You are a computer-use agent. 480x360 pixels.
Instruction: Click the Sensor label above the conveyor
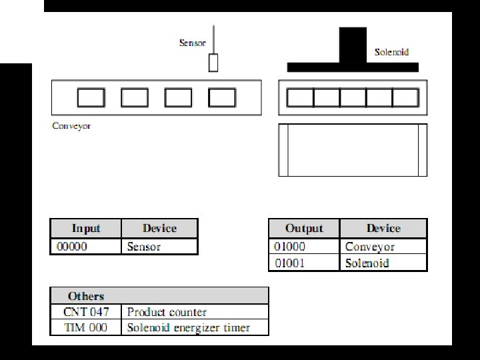click(x=192, y=43)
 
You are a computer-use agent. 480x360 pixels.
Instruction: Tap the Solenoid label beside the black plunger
click(x=391, y=52)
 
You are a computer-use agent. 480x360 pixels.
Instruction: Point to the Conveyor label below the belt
click(x=71, y=125)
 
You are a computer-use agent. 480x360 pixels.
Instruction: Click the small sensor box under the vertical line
click(x=213, y=63)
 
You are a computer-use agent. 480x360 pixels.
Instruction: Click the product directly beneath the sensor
click(x=222, y=98)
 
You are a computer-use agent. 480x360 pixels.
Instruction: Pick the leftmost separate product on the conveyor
click(x=91, y=98)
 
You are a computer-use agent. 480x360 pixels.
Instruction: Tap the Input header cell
click(x=86, y=229)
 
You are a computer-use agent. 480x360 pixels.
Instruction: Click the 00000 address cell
click(x=86, y=247)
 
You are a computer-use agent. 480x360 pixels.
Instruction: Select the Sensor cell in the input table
click(x=159, y=247)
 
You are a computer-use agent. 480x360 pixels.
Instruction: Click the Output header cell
click(x=304, y=229)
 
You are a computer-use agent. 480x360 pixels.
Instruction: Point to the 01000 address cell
click(x=304, y=247)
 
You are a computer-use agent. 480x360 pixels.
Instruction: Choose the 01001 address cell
click(x=304, y=263)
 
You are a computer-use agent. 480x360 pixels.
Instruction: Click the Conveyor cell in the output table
click(x=383, y=247)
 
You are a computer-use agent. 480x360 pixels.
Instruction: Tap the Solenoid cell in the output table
click(x=383, y=263)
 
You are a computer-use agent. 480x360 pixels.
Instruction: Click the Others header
click(x=86, y=296)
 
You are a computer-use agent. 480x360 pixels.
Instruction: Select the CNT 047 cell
click(x=87, y=312)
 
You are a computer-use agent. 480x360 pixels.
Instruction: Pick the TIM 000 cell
click(x=87, y=327)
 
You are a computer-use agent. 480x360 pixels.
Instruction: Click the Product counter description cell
click(x=195, y=312)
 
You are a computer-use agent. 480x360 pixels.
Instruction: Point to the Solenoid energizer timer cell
click(x=195, y=327)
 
